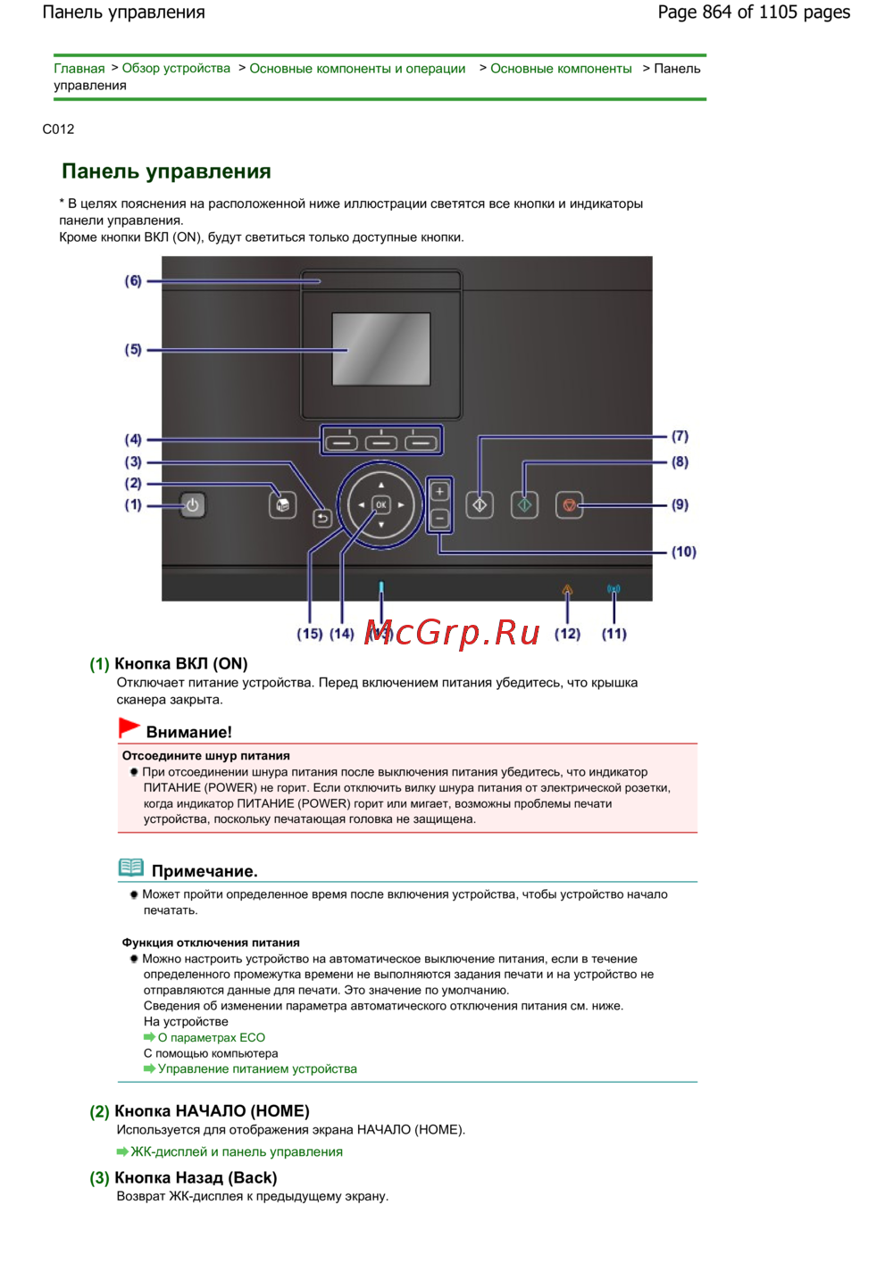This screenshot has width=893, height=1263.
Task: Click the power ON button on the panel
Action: [192, 505]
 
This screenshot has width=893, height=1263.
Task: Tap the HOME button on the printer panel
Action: [282, 505]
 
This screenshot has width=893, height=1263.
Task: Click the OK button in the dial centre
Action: [381, 505]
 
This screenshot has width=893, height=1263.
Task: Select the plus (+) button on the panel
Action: [439, 491]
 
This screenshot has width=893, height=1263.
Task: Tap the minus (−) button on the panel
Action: [439, 518]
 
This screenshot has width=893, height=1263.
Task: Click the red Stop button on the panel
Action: [569, 505]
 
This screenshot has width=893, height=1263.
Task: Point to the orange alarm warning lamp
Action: [567, 590]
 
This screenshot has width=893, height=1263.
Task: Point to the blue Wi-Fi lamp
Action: [613, 589]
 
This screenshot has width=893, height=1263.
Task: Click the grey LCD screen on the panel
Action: [381, 349]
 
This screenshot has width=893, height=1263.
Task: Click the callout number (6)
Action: [133, 281]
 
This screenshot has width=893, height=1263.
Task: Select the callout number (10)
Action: [684, 552]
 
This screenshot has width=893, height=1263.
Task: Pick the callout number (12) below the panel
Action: [567, 634]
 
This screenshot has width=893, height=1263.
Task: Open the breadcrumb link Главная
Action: [79, 69]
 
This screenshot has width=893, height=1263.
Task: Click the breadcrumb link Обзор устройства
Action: [176, 69]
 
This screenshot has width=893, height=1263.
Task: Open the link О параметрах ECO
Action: [211, 1037]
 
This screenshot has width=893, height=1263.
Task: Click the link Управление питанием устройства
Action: [257, 1068]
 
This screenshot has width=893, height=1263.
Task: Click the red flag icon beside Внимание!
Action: [129, 728]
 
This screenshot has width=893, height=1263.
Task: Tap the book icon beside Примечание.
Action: [131, 868]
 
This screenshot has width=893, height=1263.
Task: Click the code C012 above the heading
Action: [59, 129]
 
